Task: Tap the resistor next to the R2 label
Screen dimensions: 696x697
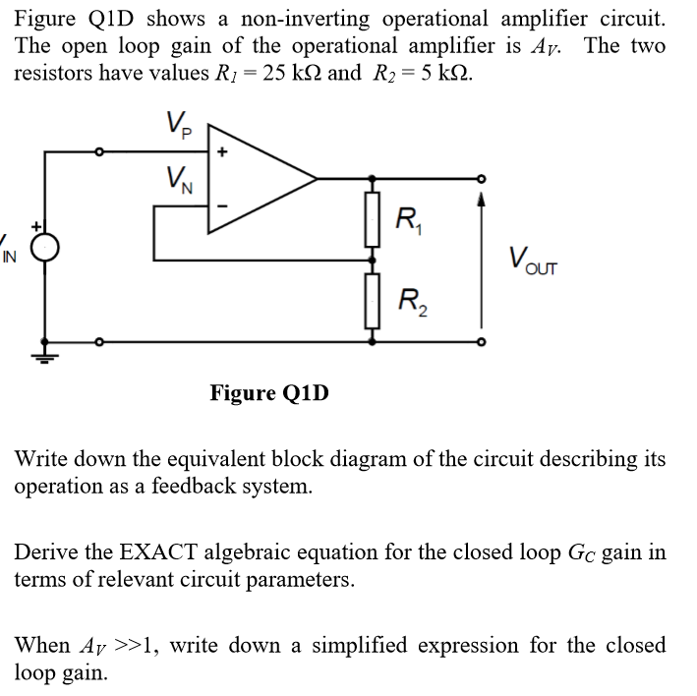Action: pos(371,301)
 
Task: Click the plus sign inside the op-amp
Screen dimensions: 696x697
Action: pos(222,153)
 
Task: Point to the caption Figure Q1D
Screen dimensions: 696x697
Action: pos(269,394)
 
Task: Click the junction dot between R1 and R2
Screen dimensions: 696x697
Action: pos(371,261)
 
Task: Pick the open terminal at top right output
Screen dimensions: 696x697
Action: pos(480,179)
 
